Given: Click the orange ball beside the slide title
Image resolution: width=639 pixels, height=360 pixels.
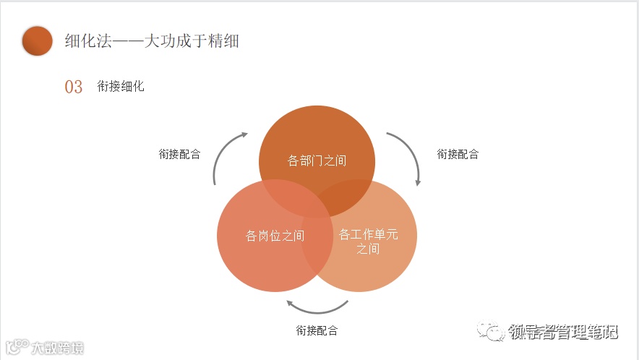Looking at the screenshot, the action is click(38, 41).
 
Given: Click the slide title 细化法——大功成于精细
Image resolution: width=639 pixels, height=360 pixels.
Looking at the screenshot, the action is click(152, 41).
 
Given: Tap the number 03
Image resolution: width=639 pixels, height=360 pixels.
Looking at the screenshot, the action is click(74, 87).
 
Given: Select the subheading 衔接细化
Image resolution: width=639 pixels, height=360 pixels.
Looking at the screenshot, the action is click(121, 87).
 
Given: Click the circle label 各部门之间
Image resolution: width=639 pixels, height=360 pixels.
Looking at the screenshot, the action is click(317, 160).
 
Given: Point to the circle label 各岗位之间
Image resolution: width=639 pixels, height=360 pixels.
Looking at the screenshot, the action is click(275, 236).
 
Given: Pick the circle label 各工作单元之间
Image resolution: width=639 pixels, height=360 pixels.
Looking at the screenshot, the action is click(368, 241).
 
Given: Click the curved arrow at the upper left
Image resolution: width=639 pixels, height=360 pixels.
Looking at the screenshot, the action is click(226, 155).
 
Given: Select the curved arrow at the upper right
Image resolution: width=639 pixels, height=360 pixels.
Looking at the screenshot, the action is click(407, 155).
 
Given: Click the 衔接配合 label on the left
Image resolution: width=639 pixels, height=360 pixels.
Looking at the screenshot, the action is click(179, 154).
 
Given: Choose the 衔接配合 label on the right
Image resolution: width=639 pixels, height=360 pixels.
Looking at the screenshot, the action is click(458, 154).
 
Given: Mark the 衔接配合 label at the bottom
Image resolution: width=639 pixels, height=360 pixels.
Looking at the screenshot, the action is click(317, 330).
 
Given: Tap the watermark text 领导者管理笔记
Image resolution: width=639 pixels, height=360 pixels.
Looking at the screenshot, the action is click(564, 333).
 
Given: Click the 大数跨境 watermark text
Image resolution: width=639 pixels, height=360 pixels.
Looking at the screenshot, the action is click(57, 348).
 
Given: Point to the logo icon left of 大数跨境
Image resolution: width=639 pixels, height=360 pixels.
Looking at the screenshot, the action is click(17, 348).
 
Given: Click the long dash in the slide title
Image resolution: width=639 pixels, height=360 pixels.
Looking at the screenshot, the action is click(126, 41).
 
